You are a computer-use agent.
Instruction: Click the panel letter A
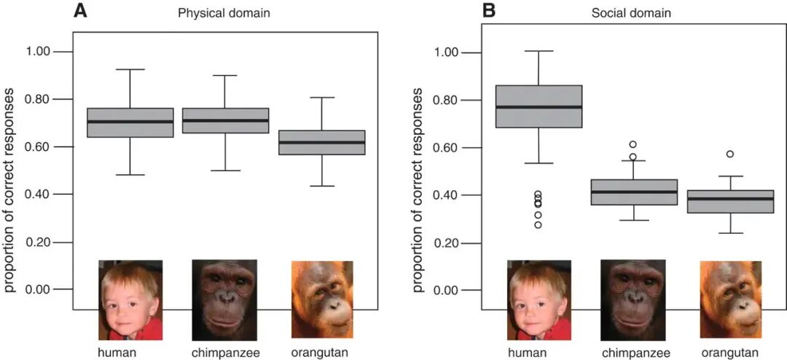(x=81, y=9)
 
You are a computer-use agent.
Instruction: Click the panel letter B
(x=490, y=10)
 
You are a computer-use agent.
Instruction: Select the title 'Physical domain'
(x=224, y=14)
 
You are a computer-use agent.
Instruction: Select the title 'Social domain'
(x=630, y=14)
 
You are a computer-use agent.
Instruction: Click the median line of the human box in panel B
(x=539, y=107)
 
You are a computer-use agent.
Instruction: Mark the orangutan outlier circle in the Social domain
(x=729, y=154)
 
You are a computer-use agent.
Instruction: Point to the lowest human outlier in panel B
(x=538, y=224)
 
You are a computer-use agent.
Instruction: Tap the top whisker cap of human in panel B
(x=539, y=51)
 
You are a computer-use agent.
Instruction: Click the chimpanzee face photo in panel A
(x=224, y=300)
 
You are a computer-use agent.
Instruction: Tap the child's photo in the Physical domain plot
(x=130, y=300)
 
